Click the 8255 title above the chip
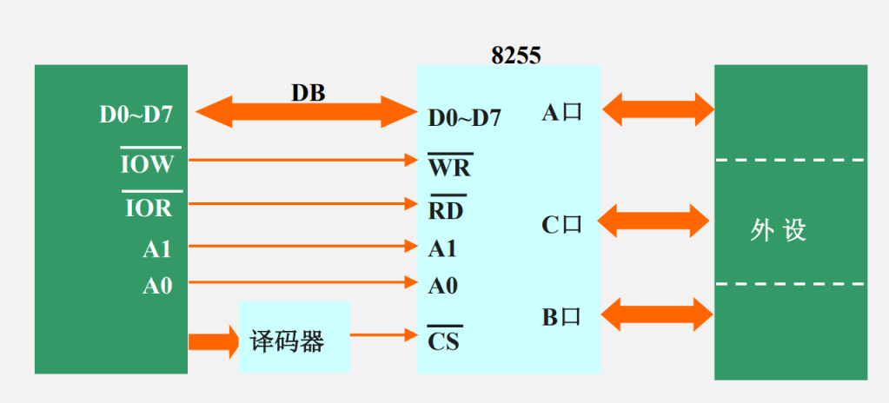(x=515, y=56)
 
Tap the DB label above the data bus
(x=308, y=92)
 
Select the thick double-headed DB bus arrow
(x=307, y=112)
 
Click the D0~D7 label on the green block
(x=136, y=115)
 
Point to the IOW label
(x=149, y=164)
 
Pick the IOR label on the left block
(x=149, y=208)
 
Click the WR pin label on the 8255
(x=449, y=166)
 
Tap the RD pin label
(x=446, y=210)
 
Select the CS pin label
(x=443, y=341)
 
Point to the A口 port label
(x=561, y=113)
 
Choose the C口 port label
(x=561, y=225)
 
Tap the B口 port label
(x=561, y=317)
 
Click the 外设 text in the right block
(x=779, y=229)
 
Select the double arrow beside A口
(x=658, y=109)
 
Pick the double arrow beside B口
(x=658, y=314)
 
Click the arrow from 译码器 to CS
(x=382, y=334)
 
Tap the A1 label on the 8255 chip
(x=442, y=249)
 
